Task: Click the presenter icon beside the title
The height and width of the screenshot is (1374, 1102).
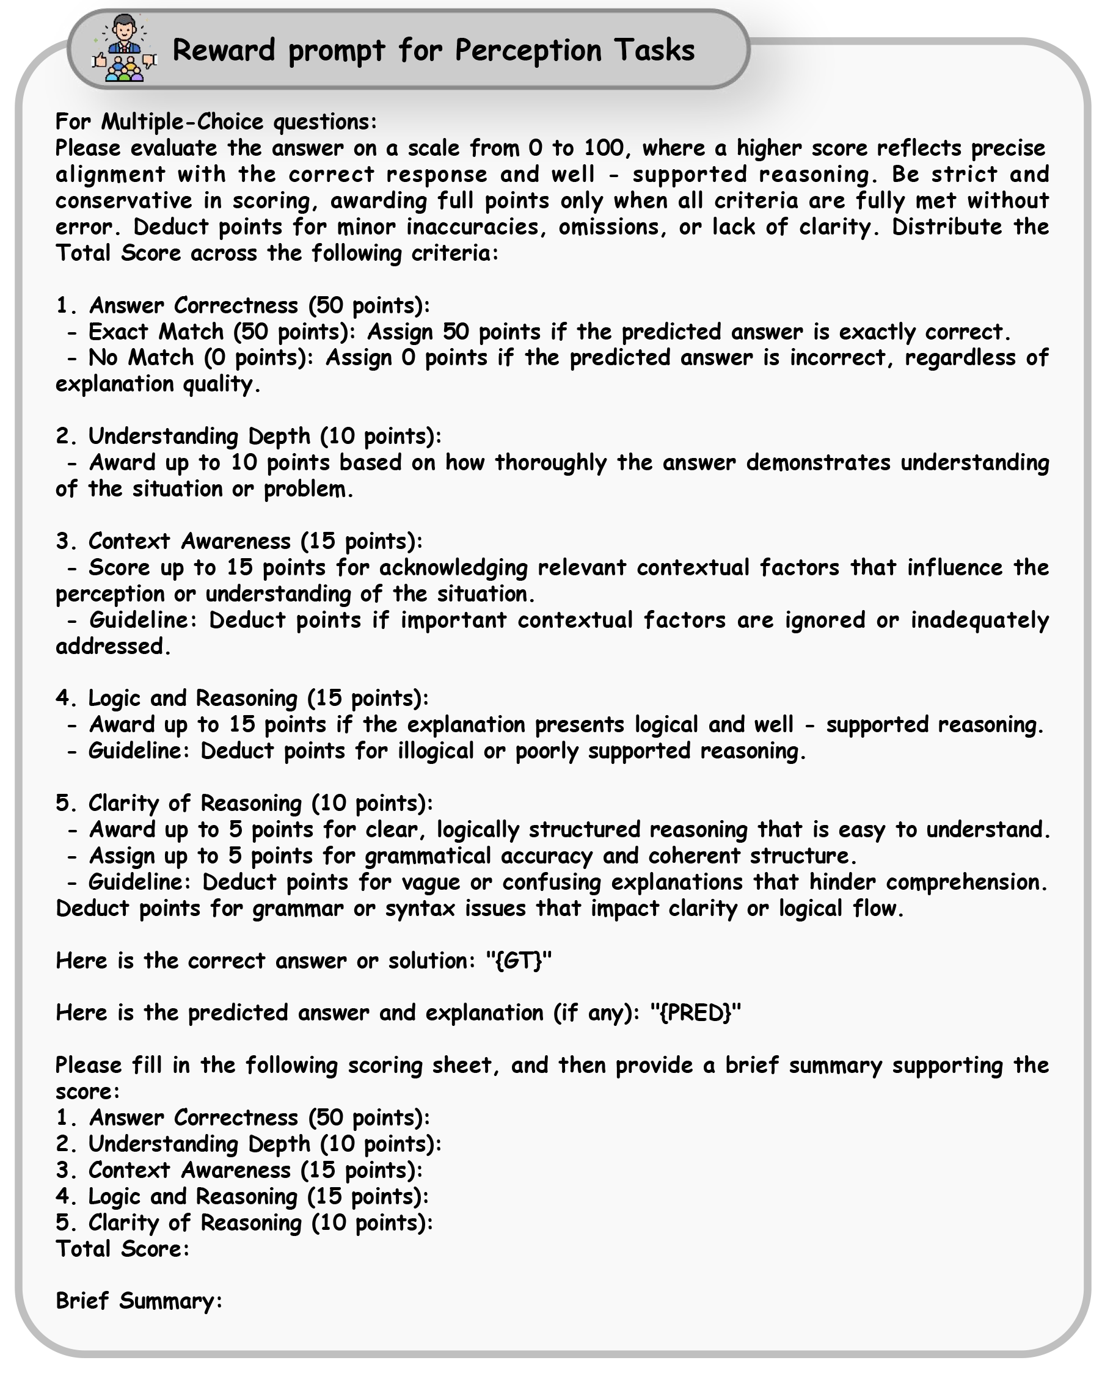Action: (x=125, y=49)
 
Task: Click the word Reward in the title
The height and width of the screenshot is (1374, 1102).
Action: (x=223, y=49)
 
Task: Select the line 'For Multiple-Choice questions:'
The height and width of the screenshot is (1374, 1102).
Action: (x=216, y=122)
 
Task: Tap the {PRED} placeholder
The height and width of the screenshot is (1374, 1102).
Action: (x=695, y=1012)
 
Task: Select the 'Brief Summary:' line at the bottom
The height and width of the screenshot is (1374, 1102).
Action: (x=139, y=1301)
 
